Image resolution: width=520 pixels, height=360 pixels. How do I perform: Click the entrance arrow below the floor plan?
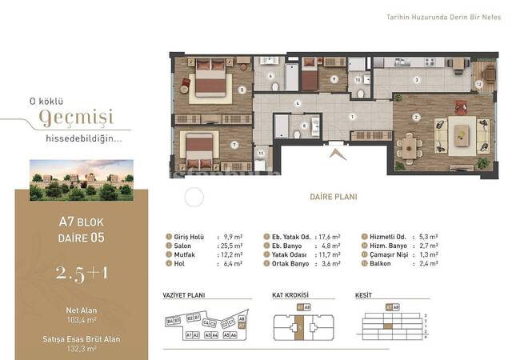click(335, 154)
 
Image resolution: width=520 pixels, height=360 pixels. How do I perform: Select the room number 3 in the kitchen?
click(416, 80)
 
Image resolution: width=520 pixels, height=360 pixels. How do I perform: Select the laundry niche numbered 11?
click(262, 155)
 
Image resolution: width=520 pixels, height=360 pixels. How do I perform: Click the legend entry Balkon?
click(380, 267)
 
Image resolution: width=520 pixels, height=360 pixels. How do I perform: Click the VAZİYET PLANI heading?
click(183, 295)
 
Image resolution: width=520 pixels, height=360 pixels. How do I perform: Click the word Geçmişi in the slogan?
click(77, 118)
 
